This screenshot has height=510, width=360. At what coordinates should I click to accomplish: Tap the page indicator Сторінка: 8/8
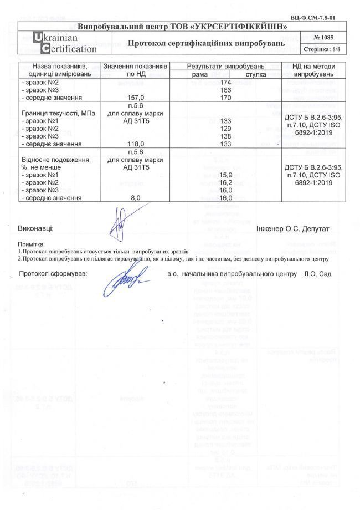(x=323, y=49)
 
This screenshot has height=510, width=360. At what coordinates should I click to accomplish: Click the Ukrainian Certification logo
(x=57, y=43)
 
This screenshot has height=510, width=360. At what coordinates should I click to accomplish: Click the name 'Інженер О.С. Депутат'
(x=294, y=228)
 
